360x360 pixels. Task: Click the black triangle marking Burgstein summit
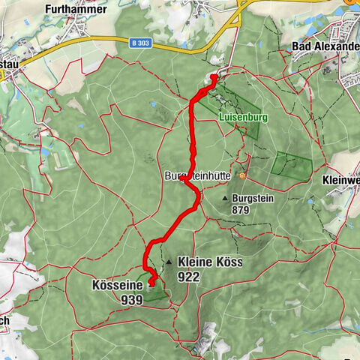click(226, 198)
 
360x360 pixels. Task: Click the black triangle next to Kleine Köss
click(170, 262)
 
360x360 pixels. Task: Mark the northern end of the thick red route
click(214, 76)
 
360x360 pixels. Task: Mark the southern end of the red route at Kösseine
click(152, 283)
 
